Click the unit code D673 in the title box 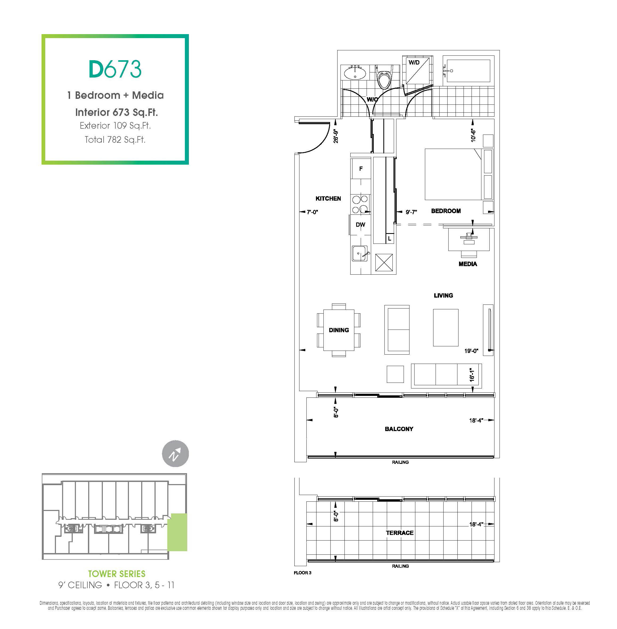click(x=115, y=69)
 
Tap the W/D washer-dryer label click(x=414, y=63)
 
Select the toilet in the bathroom click(x=384, y=77)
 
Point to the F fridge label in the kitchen click(x=361, y=169)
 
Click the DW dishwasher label click(x=360, y=225)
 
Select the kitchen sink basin click(x=360, y=253)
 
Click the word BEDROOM click(x=446, y=211)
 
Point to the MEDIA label click(x=468, y=264)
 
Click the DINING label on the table click(x=339, y=330)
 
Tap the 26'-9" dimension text click(x=336, y=136)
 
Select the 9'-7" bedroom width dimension click(x=411, y=212)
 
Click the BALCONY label click(x=399, y=429)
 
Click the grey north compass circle click(x=175, y=454)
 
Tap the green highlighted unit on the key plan click(x=177, y=532)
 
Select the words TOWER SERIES click(x=117, y=574)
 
